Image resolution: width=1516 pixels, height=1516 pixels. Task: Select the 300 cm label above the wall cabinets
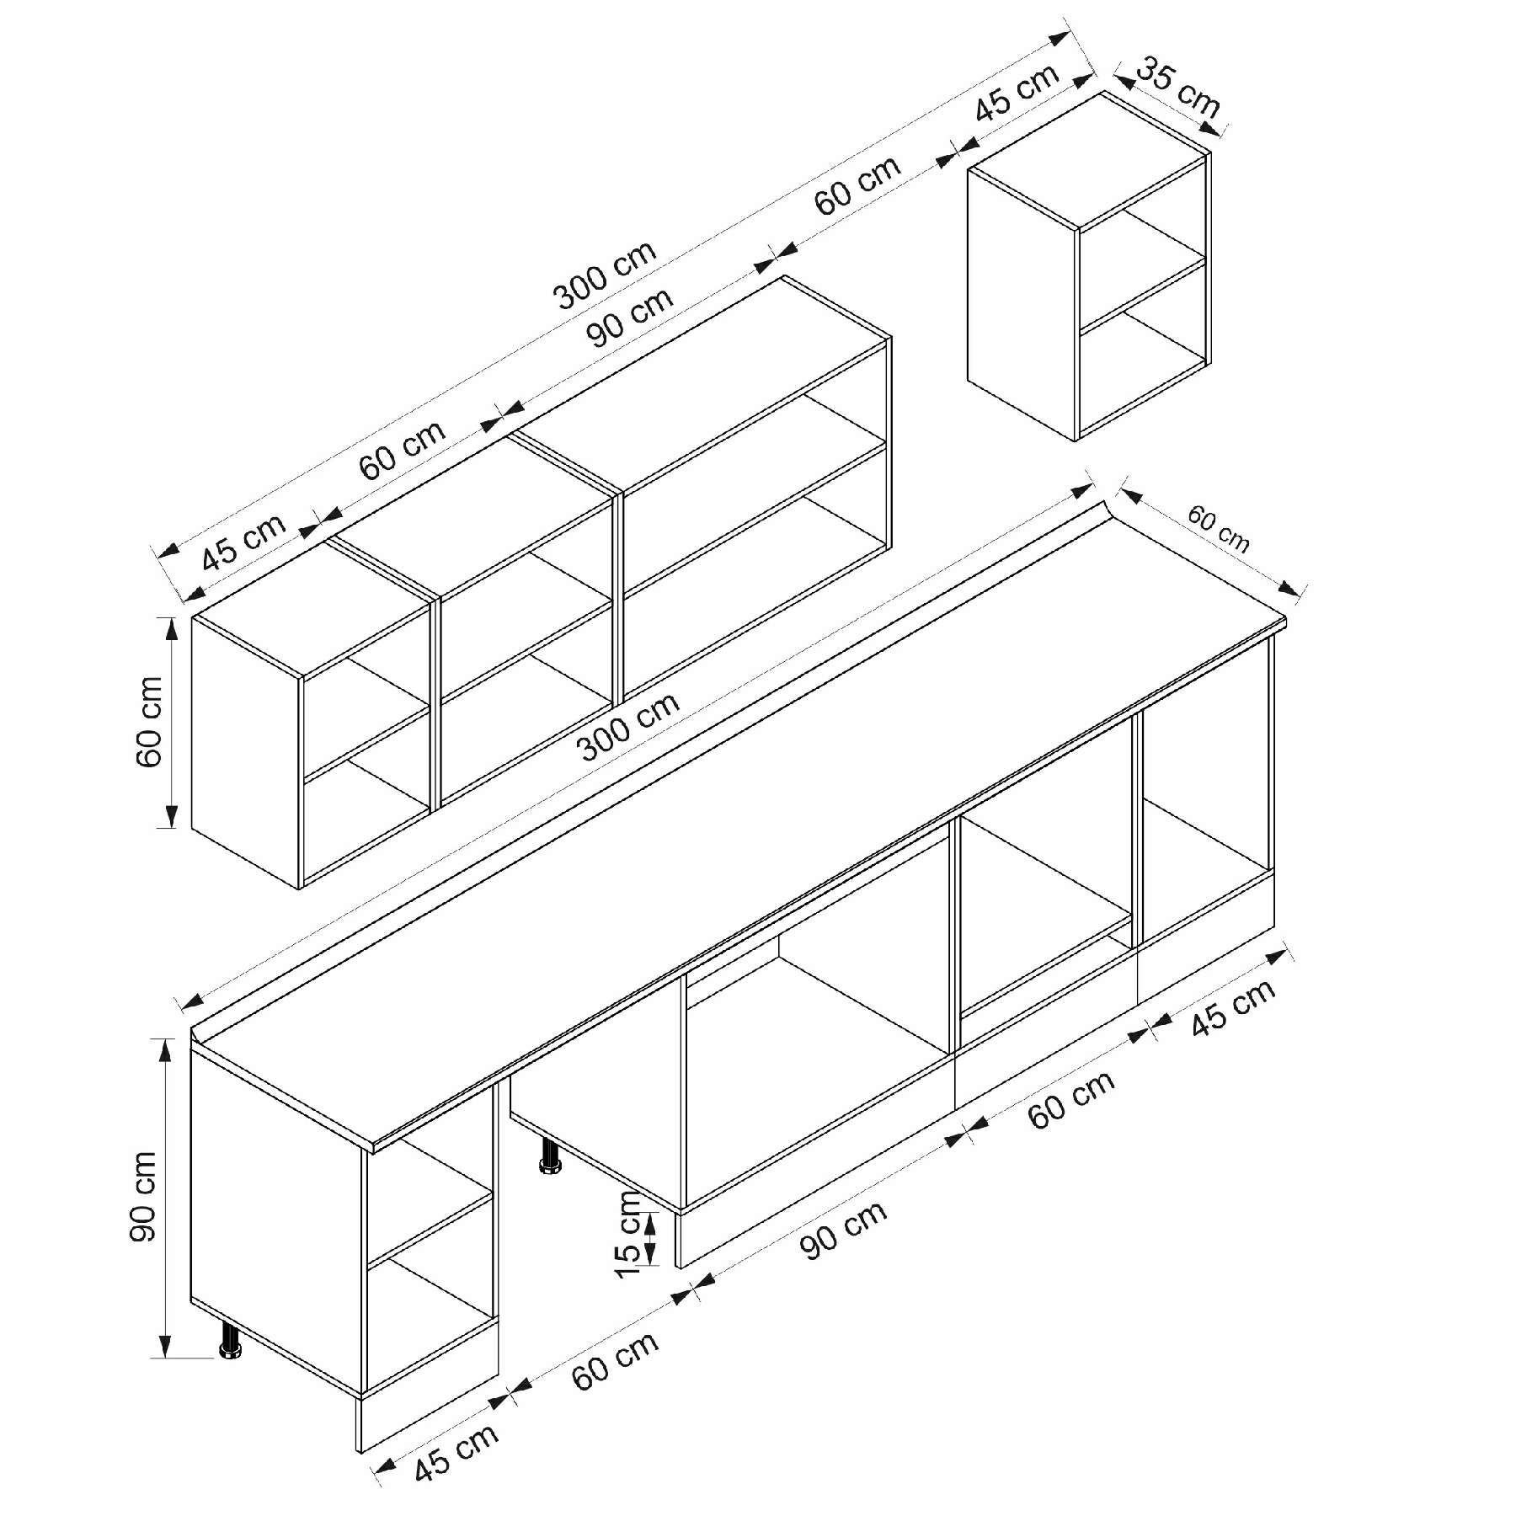point(605,275)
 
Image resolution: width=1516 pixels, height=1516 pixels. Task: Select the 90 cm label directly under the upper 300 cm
point(631,318)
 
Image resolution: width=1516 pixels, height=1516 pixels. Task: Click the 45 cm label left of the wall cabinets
point(244,541)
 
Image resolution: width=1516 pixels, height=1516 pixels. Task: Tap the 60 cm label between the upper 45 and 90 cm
point(403,450)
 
